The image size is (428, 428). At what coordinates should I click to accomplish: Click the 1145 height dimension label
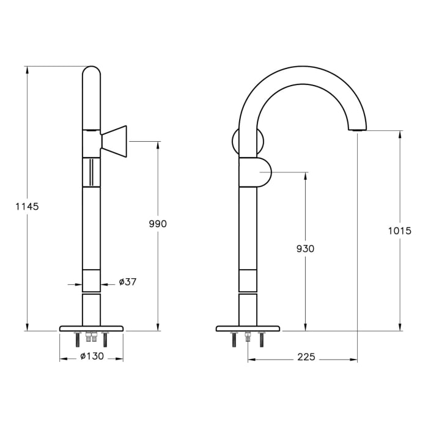click(x=27, y=207)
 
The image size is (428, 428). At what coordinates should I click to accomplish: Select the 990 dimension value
click(x=158, y=224)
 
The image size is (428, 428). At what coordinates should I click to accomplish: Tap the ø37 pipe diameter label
click(x=127, y=282)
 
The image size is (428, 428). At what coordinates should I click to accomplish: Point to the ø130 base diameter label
click(x=91, y=357)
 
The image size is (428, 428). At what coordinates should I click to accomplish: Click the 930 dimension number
click(x=305, y=249)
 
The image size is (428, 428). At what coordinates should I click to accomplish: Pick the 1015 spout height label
click(x=400, y=231)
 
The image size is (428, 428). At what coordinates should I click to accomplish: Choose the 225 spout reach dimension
click(x=306, y=357)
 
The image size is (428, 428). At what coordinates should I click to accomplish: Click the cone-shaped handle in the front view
click(x=115, y=141)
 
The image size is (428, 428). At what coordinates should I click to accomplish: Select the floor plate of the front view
click(x=91, y=328)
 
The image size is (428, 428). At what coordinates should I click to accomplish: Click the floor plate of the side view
click(x=248, y=328)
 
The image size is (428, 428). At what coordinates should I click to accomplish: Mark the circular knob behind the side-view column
click(x=236, y=141)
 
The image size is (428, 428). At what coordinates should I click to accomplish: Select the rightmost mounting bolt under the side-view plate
click(x=262, y=339)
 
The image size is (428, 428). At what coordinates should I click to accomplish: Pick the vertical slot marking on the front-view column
click(x=91, y=172)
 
